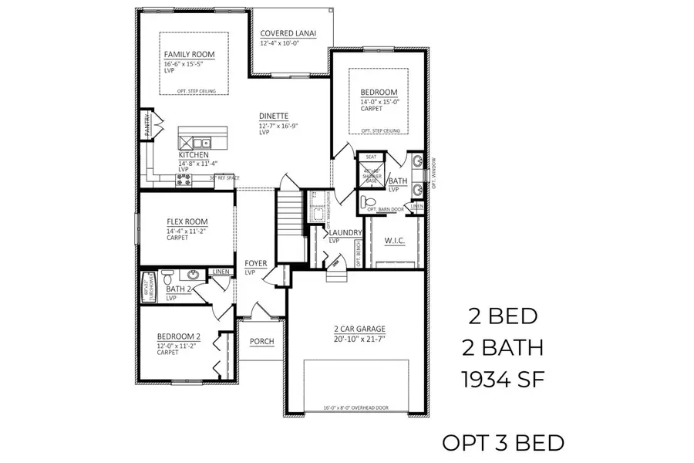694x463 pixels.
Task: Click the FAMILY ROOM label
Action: [189, 55]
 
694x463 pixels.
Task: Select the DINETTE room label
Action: [275, 117]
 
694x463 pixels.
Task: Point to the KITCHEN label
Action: [194, 155]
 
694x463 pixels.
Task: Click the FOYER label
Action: [256, 264]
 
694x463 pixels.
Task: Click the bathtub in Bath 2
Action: [149, 286]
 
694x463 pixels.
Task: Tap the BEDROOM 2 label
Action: [179, 336]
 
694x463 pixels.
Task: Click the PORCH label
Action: [262, 342]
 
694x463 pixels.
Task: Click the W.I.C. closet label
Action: [394, 241]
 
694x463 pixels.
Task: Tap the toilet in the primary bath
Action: [368, 201]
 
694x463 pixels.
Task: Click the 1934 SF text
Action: [506, 379]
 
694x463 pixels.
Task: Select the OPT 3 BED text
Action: [503, 443]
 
